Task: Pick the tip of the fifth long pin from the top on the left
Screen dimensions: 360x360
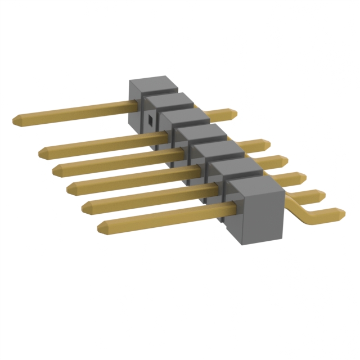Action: (85, 208)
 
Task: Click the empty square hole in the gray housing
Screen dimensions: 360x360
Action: (150, 119)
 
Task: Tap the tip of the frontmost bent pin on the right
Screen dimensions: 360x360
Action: (341, 213)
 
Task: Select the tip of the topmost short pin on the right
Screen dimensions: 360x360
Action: (233, 113)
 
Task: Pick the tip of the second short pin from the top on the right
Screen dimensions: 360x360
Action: (266, 144)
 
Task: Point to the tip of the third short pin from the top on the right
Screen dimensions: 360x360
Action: (284, 161)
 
